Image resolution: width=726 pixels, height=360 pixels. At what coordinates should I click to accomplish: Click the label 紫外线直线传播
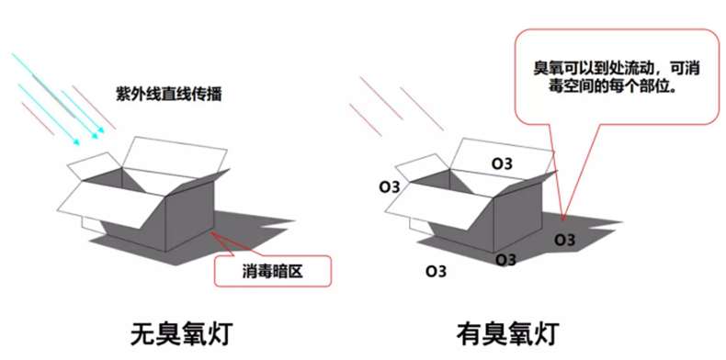coord(170,95)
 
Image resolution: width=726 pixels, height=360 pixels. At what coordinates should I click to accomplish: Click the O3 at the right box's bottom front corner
coord(505,260)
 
